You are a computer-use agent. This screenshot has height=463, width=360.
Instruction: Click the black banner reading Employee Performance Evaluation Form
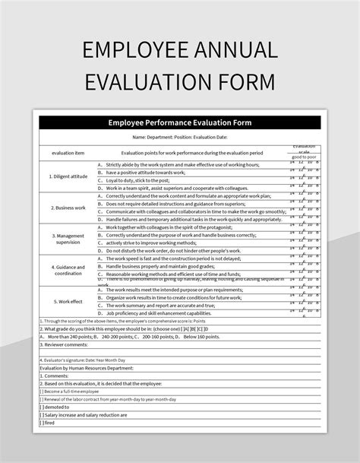pyautogui.click(x=179, y=122)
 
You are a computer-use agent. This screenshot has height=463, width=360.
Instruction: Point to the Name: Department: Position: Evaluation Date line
pyautogui.click(x=179, y=138)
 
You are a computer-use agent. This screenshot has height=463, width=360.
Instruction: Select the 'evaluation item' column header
pyautogui.click(x=68, y=153)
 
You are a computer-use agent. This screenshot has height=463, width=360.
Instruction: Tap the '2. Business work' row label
pyautogui.click(x=68, y=207)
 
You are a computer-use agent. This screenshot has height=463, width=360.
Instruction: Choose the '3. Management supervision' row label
pyautogui.click(x=68, y=239)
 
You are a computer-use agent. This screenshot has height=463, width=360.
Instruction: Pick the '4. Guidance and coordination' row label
pyautogui.click(x=68, y=271)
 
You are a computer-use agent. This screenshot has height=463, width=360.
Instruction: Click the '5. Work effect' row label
pyautogui.click(x=68, y=301)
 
